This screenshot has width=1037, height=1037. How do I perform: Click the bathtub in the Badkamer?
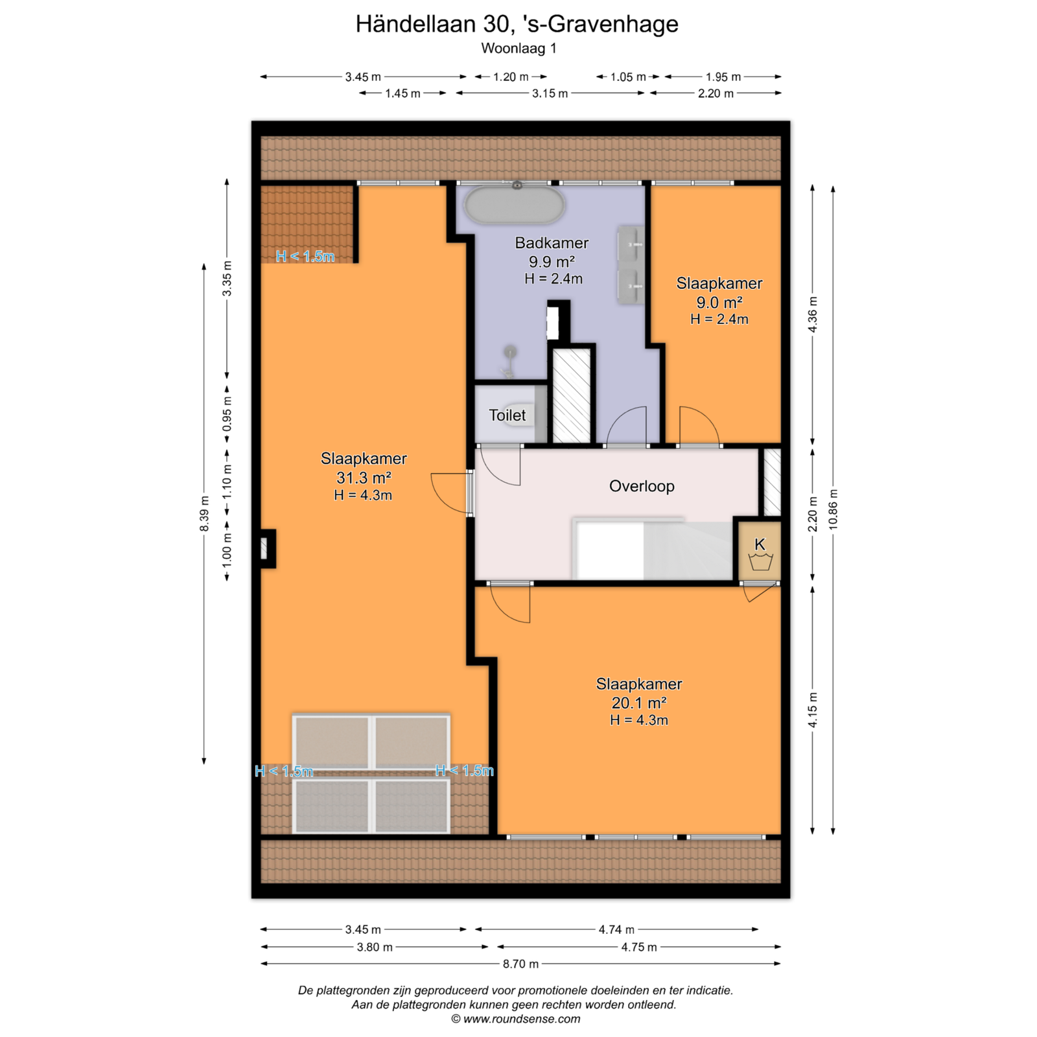515,205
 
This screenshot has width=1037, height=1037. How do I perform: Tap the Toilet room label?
507,415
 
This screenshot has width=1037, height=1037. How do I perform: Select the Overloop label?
642,486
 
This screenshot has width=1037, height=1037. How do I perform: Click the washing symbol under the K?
760,562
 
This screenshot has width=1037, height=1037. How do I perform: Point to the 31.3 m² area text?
364,478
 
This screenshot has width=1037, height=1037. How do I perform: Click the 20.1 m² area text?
639,703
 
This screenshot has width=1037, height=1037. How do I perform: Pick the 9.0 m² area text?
719,302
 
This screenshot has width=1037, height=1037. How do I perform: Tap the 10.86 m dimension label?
833,509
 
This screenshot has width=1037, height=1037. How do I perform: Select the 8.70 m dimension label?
520,964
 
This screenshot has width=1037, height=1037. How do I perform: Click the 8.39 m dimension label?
204,514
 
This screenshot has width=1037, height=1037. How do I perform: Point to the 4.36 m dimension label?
813,315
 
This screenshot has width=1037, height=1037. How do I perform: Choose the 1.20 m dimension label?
511,77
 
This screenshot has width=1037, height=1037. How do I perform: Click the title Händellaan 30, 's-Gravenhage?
517,24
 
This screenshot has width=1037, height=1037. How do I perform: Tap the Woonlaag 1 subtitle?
518,48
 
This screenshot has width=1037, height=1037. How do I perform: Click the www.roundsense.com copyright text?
516,1019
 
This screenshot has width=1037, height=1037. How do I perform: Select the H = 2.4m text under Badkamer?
553,279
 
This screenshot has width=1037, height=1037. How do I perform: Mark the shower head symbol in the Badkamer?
511,352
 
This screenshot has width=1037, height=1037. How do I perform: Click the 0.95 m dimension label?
227,414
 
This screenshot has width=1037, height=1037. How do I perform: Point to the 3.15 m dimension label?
550,93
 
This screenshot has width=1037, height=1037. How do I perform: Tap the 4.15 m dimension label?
813,710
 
